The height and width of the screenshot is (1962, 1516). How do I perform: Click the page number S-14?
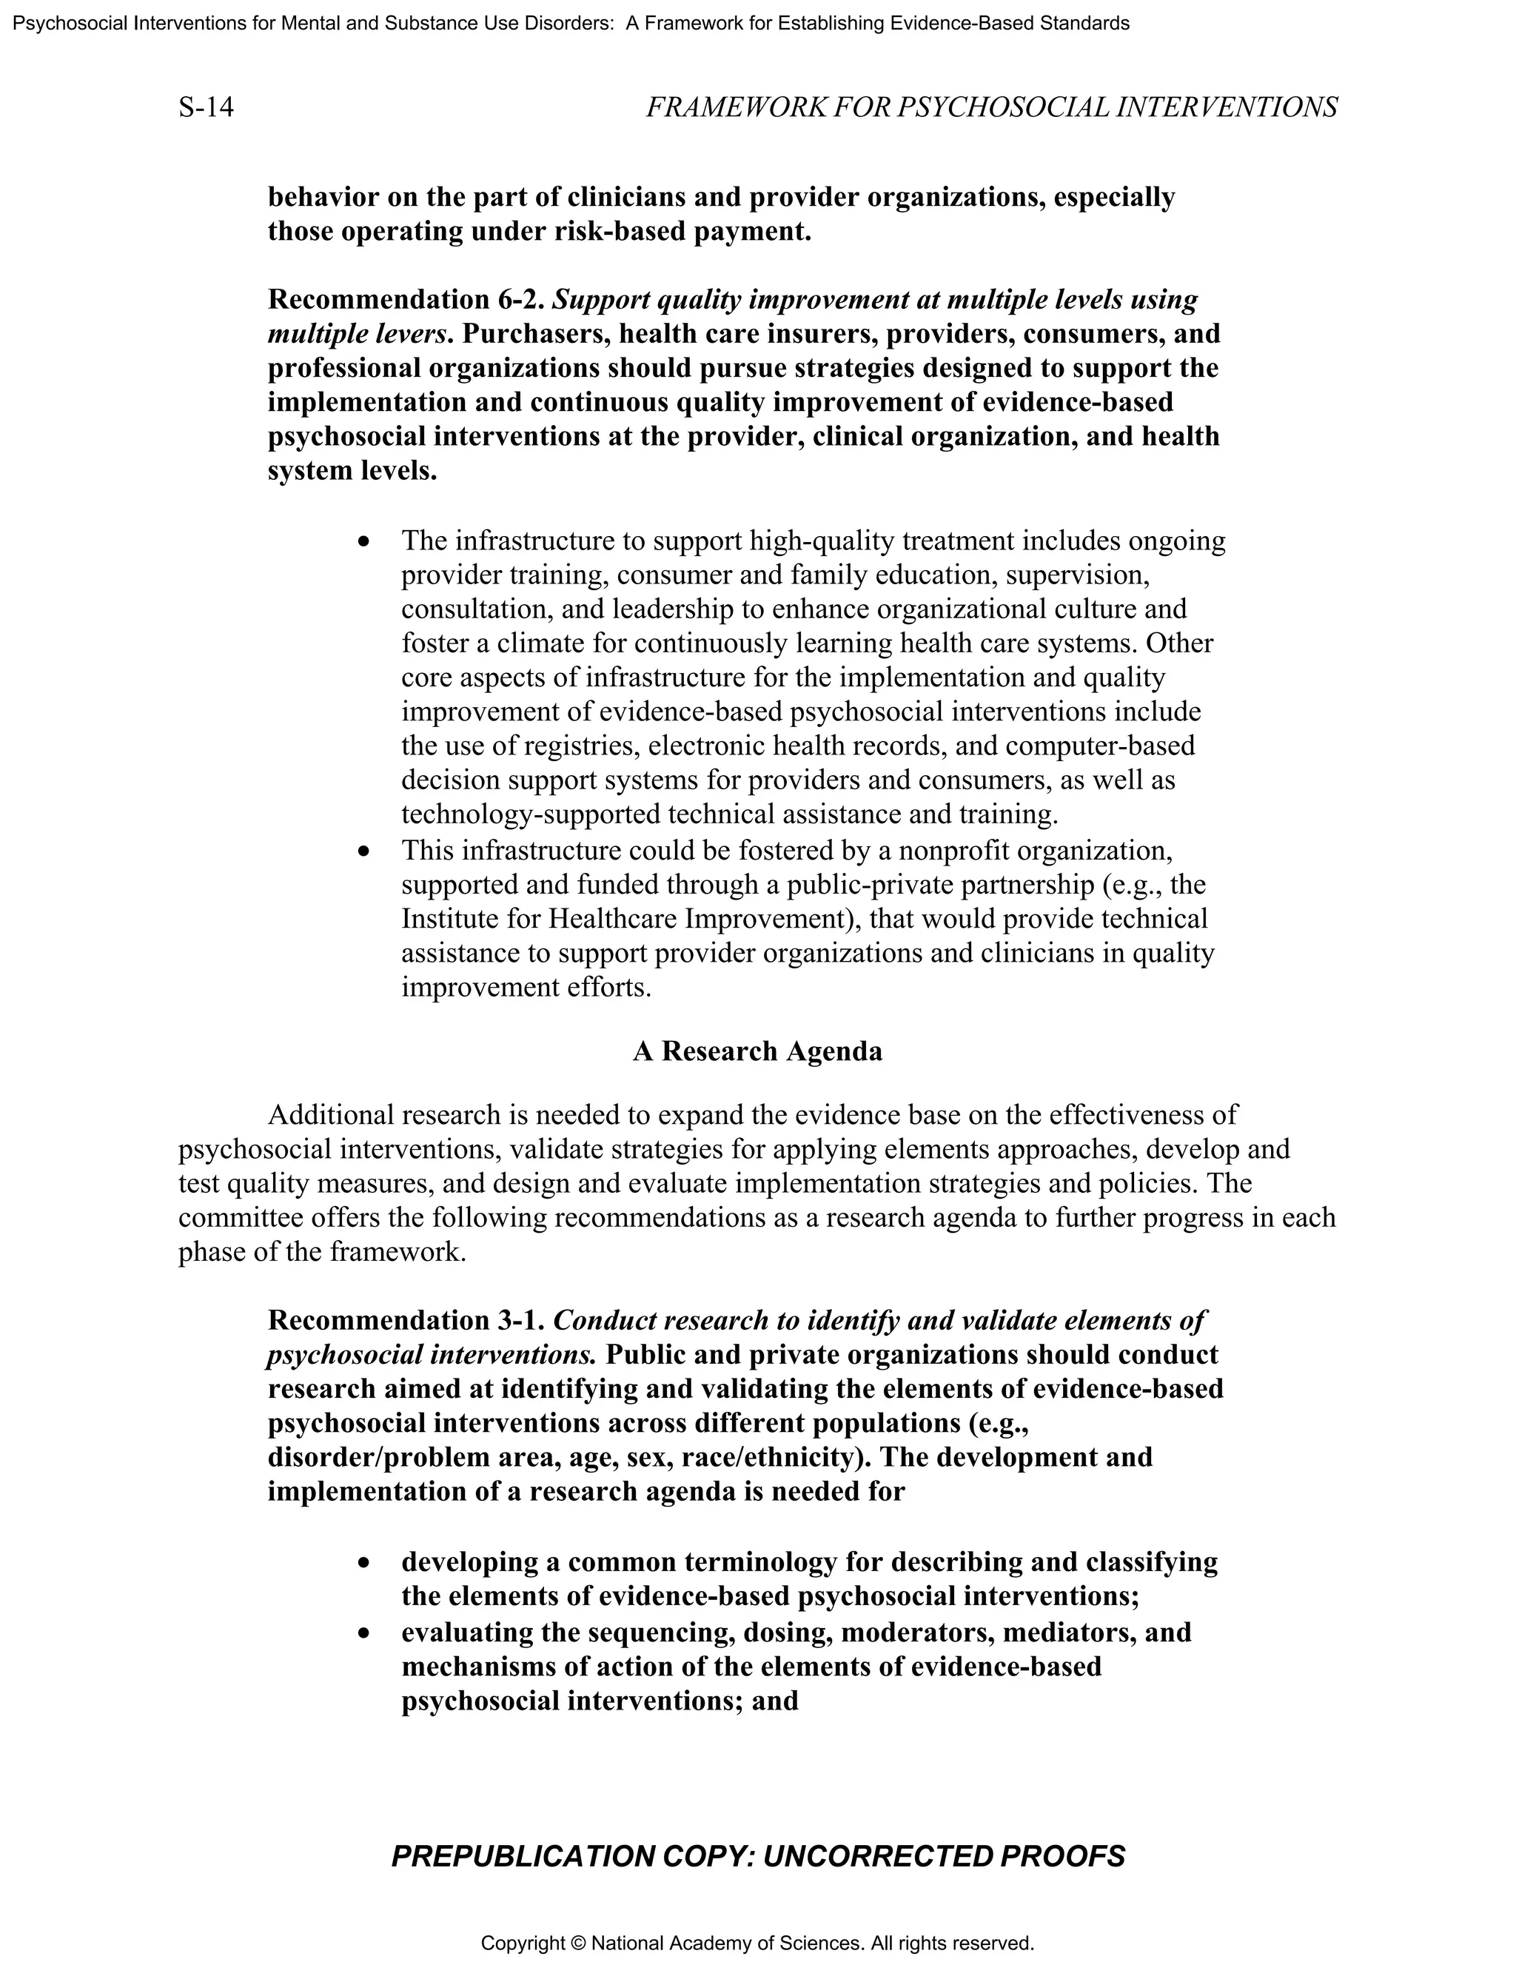click(206, 108)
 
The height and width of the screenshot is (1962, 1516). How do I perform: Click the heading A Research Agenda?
click(757, 1051)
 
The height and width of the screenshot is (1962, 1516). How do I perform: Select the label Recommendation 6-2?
click(406, 299)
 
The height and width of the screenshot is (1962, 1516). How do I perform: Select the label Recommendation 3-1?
click(406, 1321)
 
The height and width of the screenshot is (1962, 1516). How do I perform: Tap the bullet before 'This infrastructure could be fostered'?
click(363, 850)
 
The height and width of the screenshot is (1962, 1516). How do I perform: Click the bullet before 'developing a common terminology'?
click(363, 1564)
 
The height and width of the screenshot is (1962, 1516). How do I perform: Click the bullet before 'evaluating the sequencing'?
click(363, 1633)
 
